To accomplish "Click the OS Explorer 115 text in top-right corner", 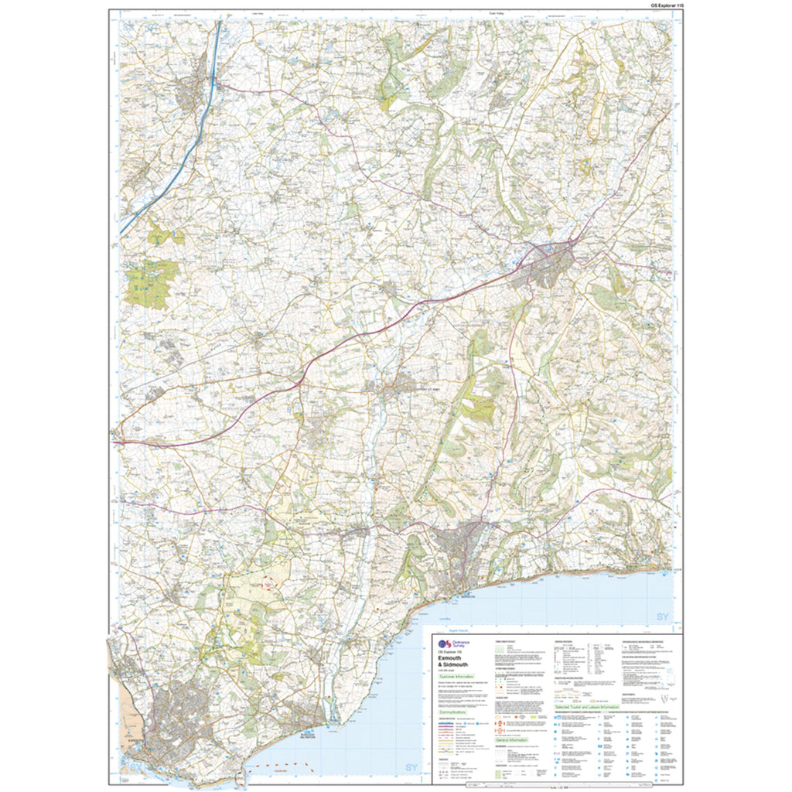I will point(657,5).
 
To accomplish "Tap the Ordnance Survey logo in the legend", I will point(445,645).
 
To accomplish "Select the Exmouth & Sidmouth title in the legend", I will point(457,663).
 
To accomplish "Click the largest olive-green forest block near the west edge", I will point(152,283).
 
